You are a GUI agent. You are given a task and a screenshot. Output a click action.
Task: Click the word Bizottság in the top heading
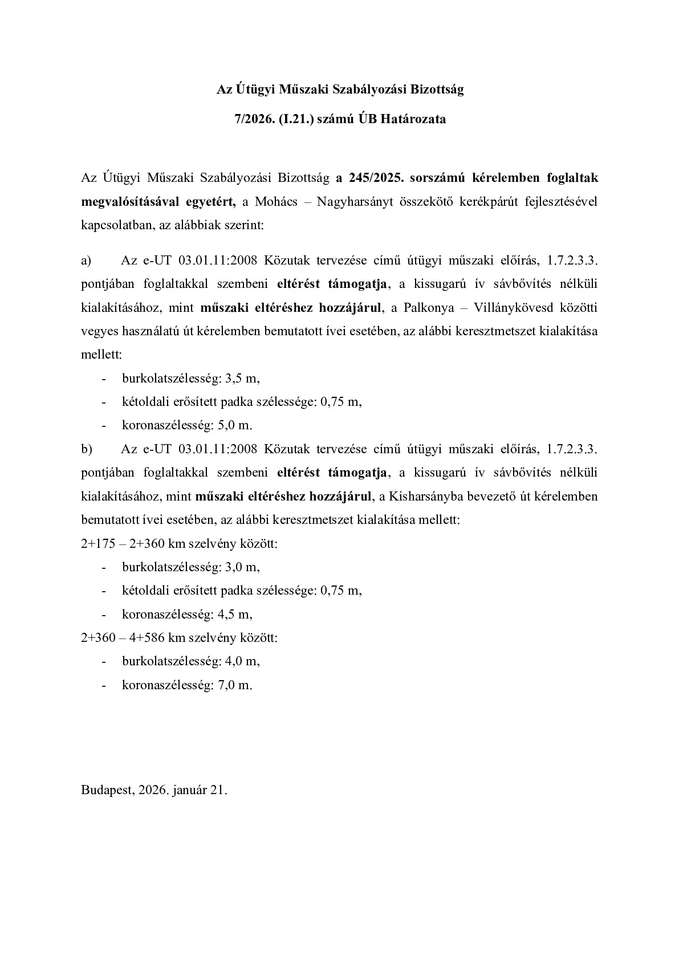pos(436,90)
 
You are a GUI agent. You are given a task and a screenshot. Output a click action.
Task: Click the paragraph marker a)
pos(86,261)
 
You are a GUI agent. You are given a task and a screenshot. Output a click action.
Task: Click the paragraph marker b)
pos(87,449)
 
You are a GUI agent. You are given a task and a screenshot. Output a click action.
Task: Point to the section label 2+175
pos(98,543)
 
